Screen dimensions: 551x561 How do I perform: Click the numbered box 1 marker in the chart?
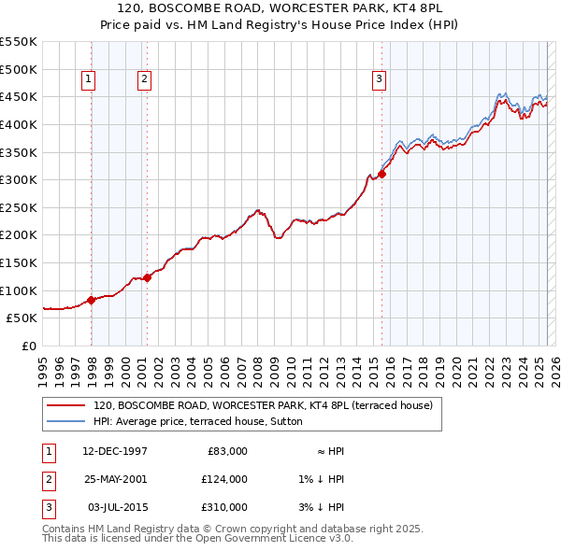[88, 80]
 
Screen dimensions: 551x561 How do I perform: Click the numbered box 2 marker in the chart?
[145, 80]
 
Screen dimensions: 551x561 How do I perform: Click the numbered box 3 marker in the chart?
[380, 80]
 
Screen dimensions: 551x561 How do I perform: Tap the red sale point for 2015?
[381, 174]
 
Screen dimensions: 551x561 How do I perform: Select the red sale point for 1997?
[91, 300]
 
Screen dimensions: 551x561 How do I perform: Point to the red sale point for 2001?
[148, 277]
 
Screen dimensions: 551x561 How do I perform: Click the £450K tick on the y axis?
[19, 96]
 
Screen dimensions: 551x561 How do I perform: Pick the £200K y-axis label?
[19, 234]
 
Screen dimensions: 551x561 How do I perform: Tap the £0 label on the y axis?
[28, 346]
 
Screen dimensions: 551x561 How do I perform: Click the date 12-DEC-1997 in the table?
[114, 451]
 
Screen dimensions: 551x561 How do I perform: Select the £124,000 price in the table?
[223, 479]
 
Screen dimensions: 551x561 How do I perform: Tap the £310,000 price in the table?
[223, 507]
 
